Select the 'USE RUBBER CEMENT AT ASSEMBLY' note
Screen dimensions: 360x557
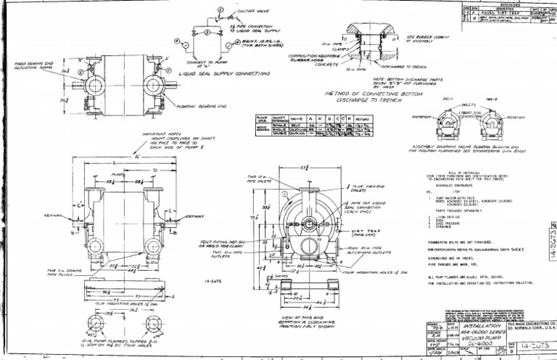(429, 38)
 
